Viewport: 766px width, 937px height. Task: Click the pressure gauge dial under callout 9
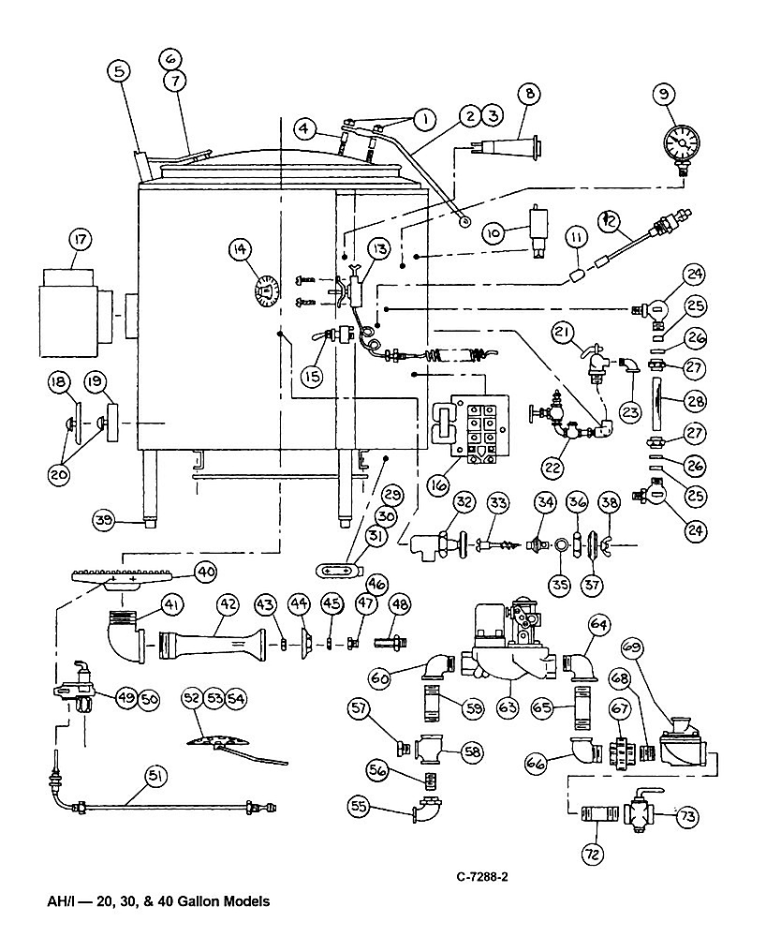pos(682,141)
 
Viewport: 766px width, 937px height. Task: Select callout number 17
pos(80,241)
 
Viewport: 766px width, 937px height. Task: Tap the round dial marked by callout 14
pos(267,291)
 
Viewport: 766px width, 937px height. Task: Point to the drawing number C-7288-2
pos(482,877)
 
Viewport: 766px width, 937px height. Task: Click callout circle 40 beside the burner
pos(207,573)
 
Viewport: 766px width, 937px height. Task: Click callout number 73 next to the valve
pos(687,816)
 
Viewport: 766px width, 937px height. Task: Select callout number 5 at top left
pos(120,72)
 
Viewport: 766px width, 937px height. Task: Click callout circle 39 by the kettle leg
pos(104,520)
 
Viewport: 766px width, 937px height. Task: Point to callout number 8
pos(530,93)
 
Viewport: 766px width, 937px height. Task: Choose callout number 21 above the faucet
pos(562,335)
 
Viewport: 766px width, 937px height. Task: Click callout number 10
pos(493,232)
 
